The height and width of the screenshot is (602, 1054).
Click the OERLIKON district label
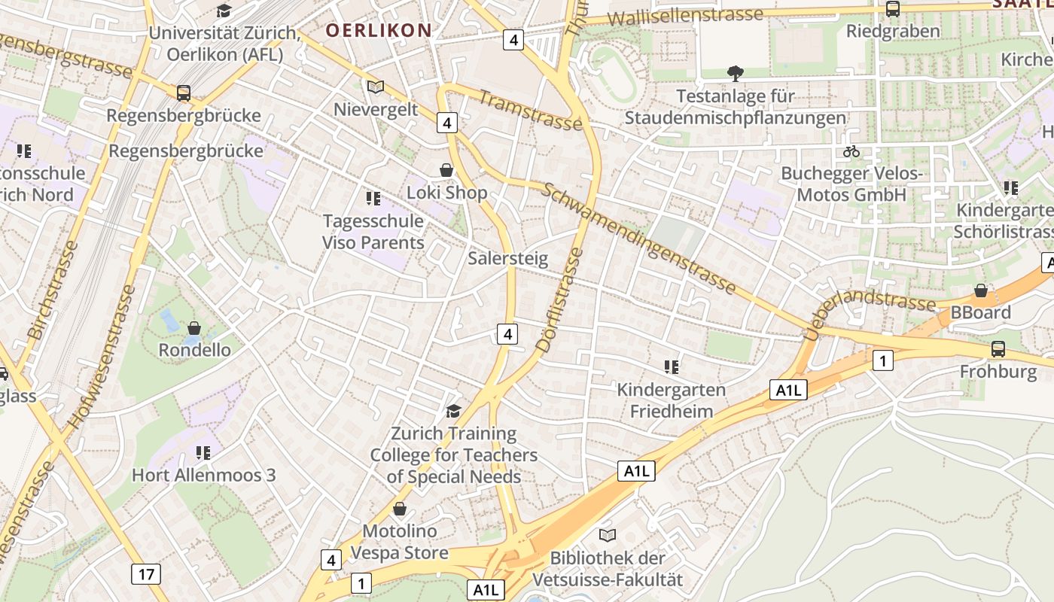click(379, 30)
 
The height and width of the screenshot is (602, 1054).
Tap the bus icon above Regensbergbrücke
click(184, 93)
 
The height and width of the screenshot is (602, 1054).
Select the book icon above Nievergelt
click(376, 87)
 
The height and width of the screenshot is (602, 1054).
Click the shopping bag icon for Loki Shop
click(446, 170)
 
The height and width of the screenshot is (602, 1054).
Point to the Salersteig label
click(508, 258)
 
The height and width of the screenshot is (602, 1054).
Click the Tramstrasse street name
click(530, 111)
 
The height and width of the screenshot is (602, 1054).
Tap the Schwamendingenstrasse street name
click(638, 237)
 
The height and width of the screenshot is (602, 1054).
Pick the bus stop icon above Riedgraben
click(893, 9)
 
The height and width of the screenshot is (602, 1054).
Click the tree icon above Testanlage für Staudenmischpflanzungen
click(736, 73)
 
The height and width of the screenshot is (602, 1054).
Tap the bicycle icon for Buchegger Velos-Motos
click(851, 151)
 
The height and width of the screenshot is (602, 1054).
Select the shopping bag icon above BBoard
click(981, 290)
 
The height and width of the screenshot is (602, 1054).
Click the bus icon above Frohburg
click(998, 349)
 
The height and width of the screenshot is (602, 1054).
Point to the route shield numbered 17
click(145, 574)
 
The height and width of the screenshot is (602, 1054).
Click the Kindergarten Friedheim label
click(672, 400)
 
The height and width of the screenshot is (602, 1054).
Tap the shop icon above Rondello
click(194, 328)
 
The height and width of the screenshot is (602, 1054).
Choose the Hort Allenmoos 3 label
click(204, 475)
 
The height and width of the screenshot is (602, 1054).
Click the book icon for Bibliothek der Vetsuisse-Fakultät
click(608, 535)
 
